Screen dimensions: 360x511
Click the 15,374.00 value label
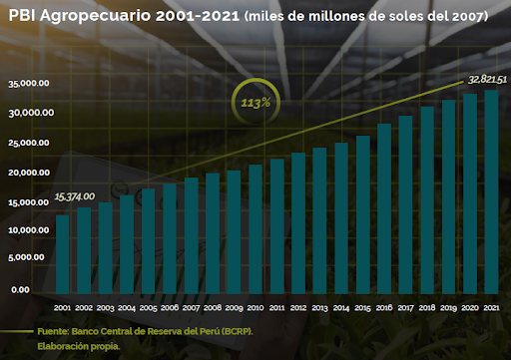pos(75,196)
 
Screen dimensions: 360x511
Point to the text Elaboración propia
pos(79,346)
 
